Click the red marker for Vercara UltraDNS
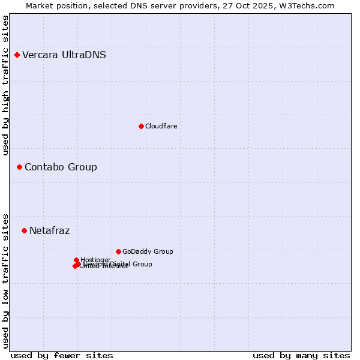coord(17,55)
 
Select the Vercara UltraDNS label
coord(64,55)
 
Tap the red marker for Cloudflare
coord(141,126)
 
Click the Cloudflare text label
coord(161,126)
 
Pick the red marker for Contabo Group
coord(19,167)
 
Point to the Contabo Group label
coord(61,167)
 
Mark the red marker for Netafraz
coord(24,230)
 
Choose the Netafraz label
coord(49,230)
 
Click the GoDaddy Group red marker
coord(118,251)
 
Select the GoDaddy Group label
coord(148,251)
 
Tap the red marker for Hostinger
coord(76,260)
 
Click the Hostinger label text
coord(95,260)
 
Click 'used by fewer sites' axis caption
coord(62,355)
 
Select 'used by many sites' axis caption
coord(301,355)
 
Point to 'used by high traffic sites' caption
coord(6,85)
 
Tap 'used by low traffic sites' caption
coord(6,280)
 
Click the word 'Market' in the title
coord(40,5)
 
